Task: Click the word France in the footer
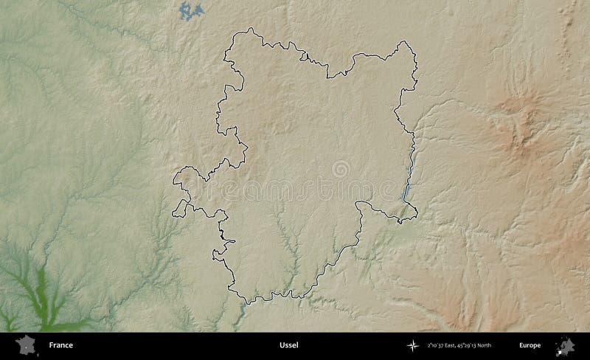click(60, 345)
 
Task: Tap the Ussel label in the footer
click(289, 345)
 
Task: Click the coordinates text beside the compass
click(458, 345)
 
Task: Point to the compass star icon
click(412, 345)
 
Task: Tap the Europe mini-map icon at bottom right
click(566, 345)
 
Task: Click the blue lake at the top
click(192, 10)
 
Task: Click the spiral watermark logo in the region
click(340, 169)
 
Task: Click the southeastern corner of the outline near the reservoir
click(415, 215)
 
